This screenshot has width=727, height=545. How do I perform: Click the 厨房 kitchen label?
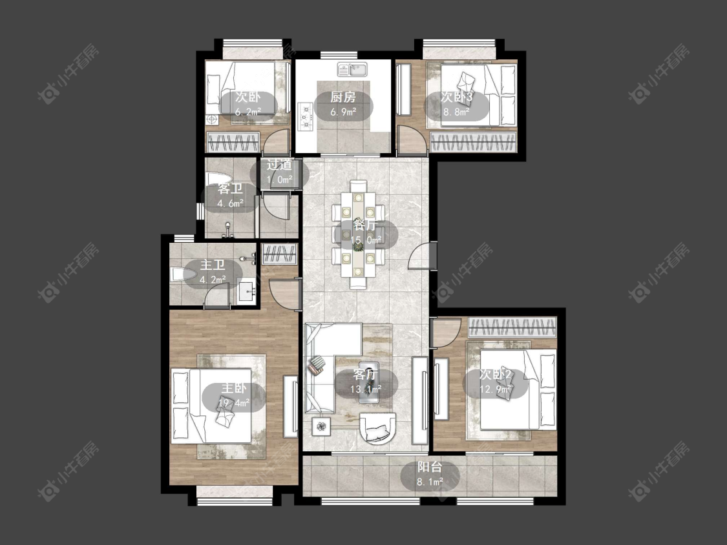coord(343,97)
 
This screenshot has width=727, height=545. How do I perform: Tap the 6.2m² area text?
coord(248,112)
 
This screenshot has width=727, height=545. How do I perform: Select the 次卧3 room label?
coord(456,97)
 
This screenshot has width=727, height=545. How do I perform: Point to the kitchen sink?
coord(352,70)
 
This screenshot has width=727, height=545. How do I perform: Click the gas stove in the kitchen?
coord(306,116)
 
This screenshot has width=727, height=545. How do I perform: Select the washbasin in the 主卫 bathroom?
coord(247,292)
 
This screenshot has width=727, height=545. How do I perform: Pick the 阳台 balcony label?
coord(429,467)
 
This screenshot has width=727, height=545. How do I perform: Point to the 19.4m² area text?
coord(234,403)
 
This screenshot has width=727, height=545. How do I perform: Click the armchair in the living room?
coord(379,428)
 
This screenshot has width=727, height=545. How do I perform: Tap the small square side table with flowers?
coord(321,426)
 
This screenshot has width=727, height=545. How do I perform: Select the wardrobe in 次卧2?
coord(512,327)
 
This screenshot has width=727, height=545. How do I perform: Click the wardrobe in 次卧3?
coord(473,142)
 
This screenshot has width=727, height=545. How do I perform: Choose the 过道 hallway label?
coord(279,165)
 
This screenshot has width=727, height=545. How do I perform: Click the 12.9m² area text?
coord(495,389)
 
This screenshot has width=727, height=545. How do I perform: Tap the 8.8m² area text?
coord(456,112)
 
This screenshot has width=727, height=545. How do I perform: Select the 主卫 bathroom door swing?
coord(217,295)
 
